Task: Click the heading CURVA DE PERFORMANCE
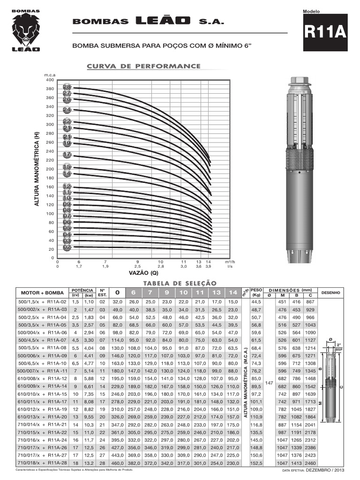click(144, 66)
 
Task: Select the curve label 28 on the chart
click(67, 87)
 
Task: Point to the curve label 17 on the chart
click(67, 155)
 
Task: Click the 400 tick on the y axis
click(51, 80)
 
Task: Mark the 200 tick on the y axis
click(51, 169)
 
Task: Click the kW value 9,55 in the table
click(89, 416)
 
